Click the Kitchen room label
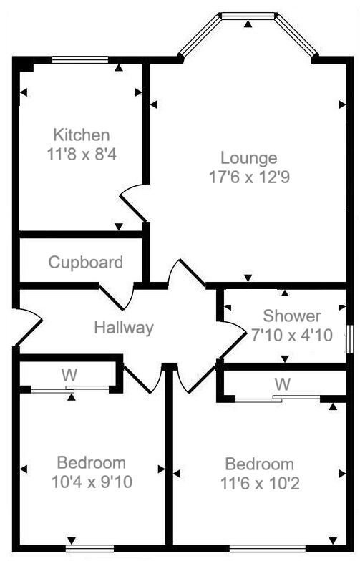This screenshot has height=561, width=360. pos(82,135)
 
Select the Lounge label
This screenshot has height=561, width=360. pos(248,158)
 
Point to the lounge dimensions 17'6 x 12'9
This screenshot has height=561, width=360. pos(248,176)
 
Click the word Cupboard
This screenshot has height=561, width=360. pos(85,262)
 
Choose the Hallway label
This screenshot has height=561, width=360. pos(124,328)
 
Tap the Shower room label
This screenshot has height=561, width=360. pos(292,316)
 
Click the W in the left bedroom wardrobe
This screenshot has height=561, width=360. pos(69,374)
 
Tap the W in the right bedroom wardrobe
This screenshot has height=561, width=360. pos(283,384)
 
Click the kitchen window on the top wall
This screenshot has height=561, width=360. pos(80,59)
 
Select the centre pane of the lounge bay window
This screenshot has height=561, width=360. pos(248,16)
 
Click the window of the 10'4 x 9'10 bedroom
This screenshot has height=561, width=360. pos(94,549)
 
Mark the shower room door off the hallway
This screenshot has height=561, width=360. pos(233,337)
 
